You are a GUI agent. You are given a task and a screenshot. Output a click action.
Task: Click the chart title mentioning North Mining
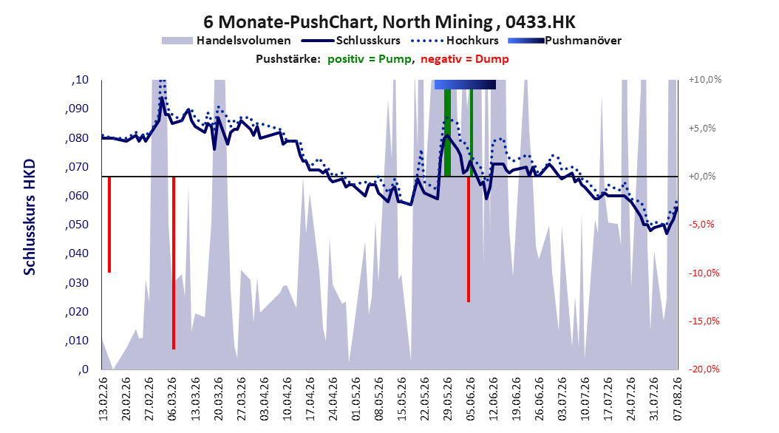[x=389, y=22]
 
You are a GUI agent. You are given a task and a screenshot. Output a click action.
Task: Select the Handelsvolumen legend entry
[x=227, y=41]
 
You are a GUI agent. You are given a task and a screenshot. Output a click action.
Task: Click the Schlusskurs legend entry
[x=351, y=41]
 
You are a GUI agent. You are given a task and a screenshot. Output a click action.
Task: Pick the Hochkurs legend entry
[x=455, y=41]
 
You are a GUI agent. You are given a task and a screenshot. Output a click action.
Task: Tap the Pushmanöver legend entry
[x=565, y=41]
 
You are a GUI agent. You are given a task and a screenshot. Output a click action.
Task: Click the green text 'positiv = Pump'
[x=370, y=59]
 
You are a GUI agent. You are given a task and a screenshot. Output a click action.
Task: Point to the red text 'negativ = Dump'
[x=465, y=59]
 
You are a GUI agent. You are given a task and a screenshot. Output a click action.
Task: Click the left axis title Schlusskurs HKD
[x=30, y=217]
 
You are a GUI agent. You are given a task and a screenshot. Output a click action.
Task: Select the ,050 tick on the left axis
[x=77, y=225]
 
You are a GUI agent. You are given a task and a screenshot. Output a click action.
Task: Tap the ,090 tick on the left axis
[x=77, y=109]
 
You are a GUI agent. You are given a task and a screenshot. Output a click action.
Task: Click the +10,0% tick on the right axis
[x=705, y=80]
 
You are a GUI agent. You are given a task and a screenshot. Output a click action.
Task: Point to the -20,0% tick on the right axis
[x=704, y=369]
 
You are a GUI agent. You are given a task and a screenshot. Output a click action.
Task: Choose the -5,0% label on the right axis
[x=702, y=225]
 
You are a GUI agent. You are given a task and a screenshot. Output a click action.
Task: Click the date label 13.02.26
[x=103, y=399]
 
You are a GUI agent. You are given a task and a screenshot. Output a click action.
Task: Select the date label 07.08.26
[x=678, y=399]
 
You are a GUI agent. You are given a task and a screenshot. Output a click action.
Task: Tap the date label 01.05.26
[x=356, y=399]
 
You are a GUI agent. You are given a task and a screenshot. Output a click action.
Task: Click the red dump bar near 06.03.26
[x=174, y=263]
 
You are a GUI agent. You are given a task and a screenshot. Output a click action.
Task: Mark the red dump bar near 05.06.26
[x=469, y=239]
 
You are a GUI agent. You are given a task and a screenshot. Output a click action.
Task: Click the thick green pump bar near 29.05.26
[x=447, y=132]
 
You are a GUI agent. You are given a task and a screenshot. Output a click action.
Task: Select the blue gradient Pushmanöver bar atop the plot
[x=465, y=85]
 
